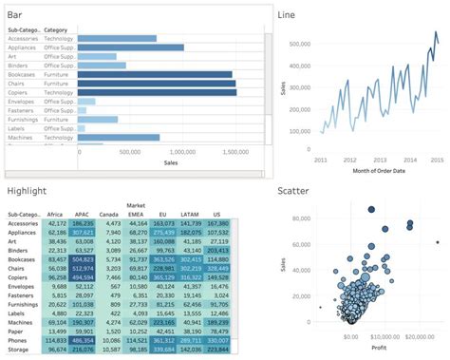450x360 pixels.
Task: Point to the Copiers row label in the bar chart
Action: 21,92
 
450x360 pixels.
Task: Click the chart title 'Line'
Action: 286,14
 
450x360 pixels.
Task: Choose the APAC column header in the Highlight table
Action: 82,214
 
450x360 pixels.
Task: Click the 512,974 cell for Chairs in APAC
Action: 82,268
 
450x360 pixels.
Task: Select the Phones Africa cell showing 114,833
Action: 55,340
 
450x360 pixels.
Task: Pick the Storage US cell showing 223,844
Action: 217,350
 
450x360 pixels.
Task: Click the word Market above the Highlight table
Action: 137,205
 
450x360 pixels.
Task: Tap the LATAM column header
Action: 190,214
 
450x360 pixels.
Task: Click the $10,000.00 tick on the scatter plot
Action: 384,336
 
